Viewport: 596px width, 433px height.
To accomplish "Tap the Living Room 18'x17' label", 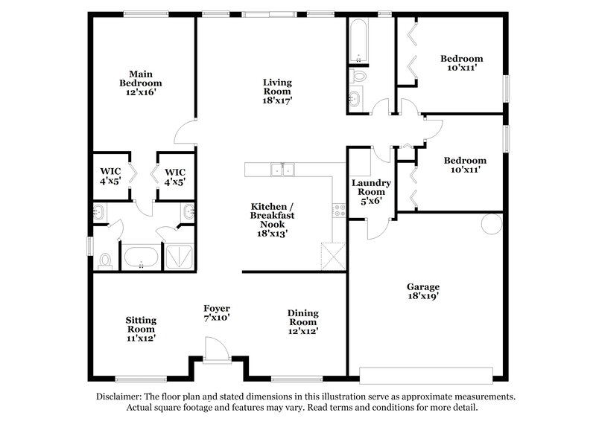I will (276, 91).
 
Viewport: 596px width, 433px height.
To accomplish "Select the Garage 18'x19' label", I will (422, 291).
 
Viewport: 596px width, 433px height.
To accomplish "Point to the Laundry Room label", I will (371, 190).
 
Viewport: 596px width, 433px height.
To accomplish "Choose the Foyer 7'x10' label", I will (218, 312).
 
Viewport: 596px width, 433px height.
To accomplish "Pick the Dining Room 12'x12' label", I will (303, 322).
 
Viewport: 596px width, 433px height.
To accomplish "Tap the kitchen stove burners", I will (338, 211).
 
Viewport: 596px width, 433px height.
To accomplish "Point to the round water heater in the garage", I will (489, 223).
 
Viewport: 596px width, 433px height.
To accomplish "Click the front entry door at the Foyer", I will (216, 350).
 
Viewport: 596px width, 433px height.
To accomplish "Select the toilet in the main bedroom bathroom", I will (105, 260).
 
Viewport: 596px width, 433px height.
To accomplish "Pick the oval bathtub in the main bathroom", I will (139, 258).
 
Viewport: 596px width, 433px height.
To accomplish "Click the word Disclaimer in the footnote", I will (120, 397).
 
